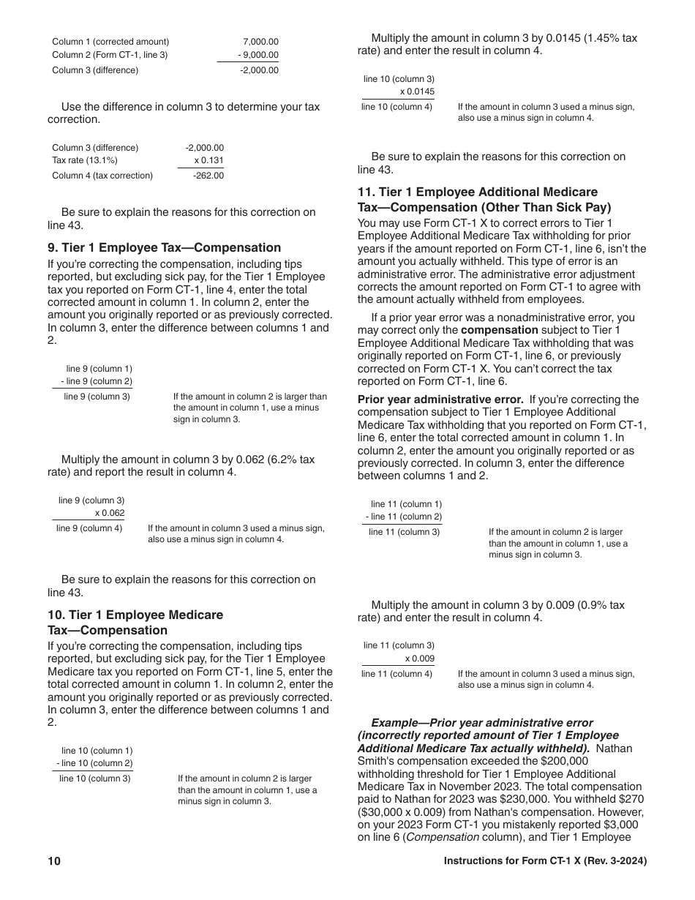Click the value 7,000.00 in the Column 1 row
coord(260,42)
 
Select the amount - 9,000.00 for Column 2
coord(258,55)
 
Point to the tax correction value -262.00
coord(209,176)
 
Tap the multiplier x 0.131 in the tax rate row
coord(209,160)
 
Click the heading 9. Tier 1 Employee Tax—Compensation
coord(164,247)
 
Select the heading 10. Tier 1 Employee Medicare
coord(135,615)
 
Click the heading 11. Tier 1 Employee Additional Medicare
coord(477,192)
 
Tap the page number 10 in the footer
coord(54,861)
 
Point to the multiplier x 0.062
coord(110,513)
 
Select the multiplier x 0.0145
coord(417,91)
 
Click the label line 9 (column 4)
coord(89,528)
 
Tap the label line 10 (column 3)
coord(95,779)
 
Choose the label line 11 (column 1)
coord(406,504)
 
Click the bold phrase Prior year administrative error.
coord(440,400)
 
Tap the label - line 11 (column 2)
coord(404,517)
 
